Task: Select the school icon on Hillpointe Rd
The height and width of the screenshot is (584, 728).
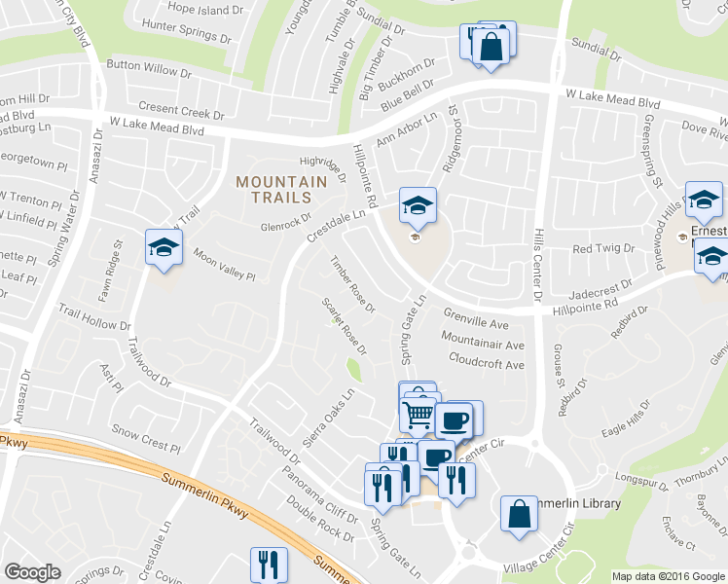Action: point(418,206)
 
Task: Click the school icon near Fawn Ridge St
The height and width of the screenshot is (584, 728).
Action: point(164,247)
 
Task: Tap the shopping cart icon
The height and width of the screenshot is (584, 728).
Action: point(419,416)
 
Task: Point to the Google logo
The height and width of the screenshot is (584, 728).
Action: point(32,572)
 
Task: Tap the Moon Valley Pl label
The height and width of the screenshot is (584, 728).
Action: point(223,264)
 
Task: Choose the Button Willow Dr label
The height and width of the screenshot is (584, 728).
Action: point(149,70)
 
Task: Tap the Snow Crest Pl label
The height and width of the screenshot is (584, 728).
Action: point(139,435)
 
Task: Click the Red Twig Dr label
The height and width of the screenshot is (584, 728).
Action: point(603,249)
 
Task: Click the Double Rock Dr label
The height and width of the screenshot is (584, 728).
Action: point(320,518)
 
